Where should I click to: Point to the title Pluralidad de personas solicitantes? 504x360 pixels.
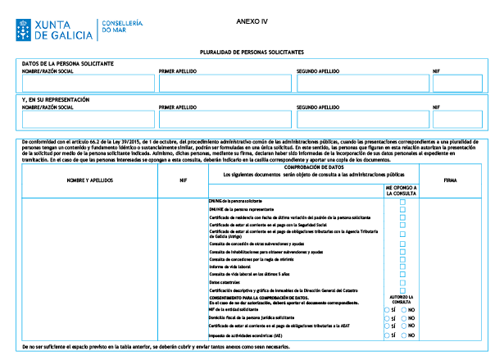252,52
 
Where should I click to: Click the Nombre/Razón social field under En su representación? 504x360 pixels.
88,119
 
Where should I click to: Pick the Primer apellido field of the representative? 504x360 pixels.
225,119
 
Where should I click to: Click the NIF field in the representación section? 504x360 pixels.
457,119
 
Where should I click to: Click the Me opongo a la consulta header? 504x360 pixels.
402,190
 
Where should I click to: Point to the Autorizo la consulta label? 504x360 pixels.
402,299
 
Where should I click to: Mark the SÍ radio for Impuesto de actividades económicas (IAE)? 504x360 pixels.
388,335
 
